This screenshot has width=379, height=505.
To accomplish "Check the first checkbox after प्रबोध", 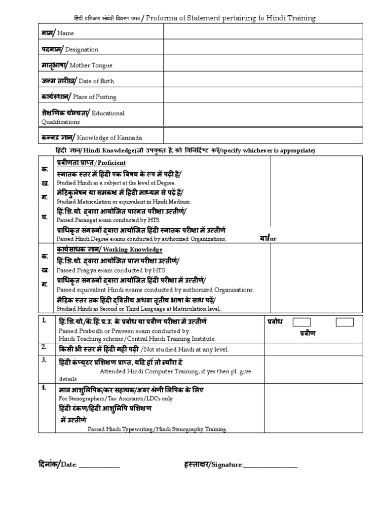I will click(x=302, y=322).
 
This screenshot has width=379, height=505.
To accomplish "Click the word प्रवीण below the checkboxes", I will click(x=308, y=333).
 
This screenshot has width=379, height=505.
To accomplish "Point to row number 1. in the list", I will click(x=44, y=321).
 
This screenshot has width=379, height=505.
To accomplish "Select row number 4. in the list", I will click(x=44, y=388).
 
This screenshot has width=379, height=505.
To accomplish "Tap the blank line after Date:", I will click(x=99, y=465).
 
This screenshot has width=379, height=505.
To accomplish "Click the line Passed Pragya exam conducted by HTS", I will click(x=112, y=271).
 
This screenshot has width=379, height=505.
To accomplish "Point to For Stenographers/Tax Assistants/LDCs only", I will click(x=116, y=398).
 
